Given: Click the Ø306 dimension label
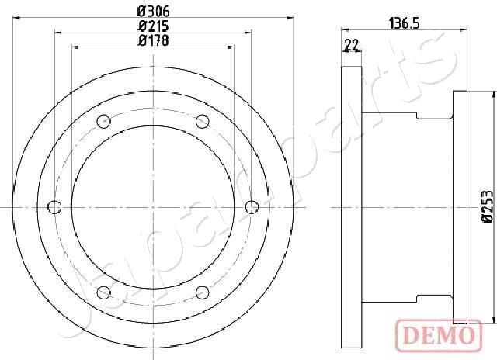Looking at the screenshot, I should tap(153, 11).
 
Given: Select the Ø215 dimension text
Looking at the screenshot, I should tap(153, 26).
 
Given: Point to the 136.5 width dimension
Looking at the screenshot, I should tap(403, 24).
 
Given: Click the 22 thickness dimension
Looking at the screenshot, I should tap(352, 46).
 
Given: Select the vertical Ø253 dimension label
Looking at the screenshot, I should tap(487, 207).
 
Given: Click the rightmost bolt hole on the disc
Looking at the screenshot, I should tap(251, 206).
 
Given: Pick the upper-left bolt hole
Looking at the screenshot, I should tap(103, 121).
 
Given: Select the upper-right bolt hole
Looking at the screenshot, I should tap(202, 121).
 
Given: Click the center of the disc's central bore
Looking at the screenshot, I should tap(153, 206).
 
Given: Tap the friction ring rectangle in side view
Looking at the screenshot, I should tap(352, 206).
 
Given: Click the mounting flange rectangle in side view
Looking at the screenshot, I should tap(460, 206).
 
